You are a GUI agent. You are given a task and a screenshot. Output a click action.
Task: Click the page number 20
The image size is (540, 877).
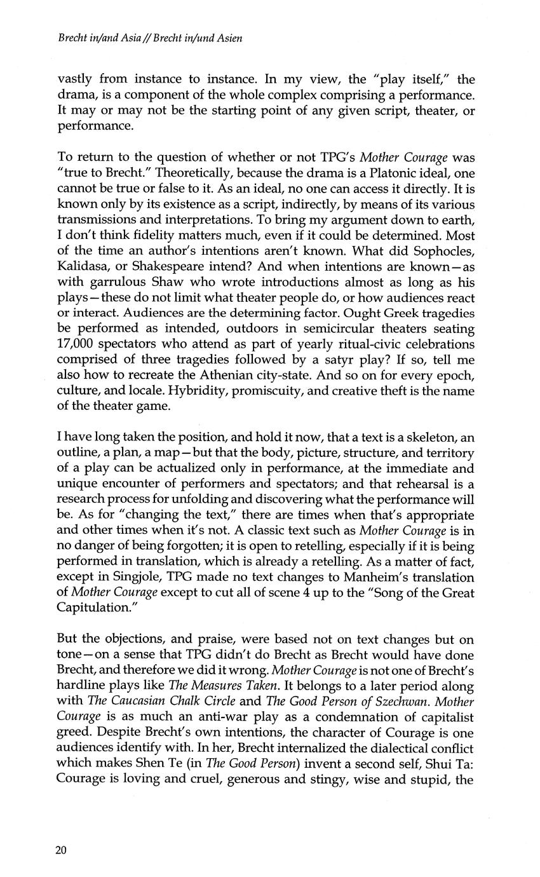[x=62, y=851]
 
